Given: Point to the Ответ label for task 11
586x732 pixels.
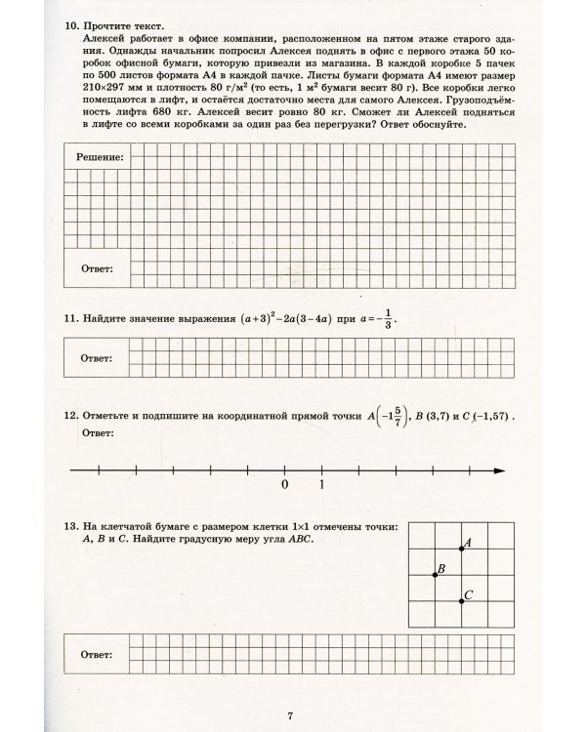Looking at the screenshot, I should pyautogui.click(x=96, y=356).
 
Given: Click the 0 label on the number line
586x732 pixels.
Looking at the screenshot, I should pyautogui.click(x=284, y=485).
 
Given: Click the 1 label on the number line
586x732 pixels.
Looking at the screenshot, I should pyautogui.click(x=321, y=485).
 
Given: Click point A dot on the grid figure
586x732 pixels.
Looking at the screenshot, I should pyautogui.click(x=461, y=549).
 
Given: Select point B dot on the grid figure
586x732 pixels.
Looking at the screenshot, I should pyautogui.click(x=436, y=574).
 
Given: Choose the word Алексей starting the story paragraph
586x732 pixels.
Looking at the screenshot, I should pyautogui.click(x=105, y=35).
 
